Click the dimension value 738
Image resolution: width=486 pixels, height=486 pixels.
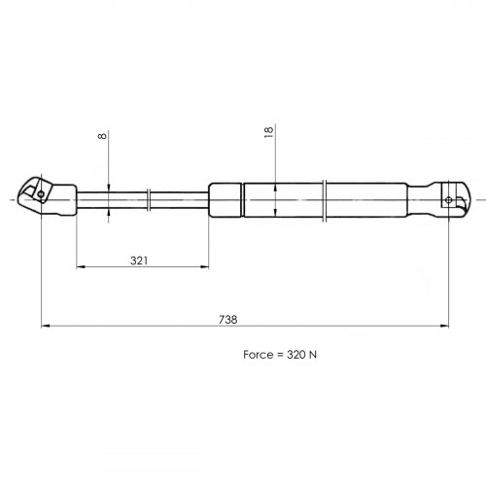pos(228,320)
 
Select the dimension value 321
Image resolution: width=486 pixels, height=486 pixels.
pos(139,260)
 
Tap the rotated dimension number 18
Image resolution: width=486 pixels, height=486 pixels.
pos(269,132)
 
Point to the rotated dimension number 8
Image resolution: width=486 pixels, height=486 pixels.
pos(102,136)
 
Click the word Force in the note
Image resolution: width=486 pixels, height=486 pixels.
pos(259,355)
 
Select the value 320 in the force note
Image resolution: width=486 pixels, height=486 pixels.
pos(296,355)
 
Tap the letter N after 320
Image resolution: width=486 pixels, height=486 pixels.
pos(313,355)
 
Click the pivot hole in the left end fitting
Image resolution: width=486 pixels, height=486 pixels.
pos(41,194)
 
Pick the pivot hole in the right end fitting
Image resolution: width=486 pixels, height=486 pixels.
pos(449,200)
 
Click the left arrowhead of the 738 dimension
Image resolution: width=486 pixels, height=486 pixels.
pos(46,326)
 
